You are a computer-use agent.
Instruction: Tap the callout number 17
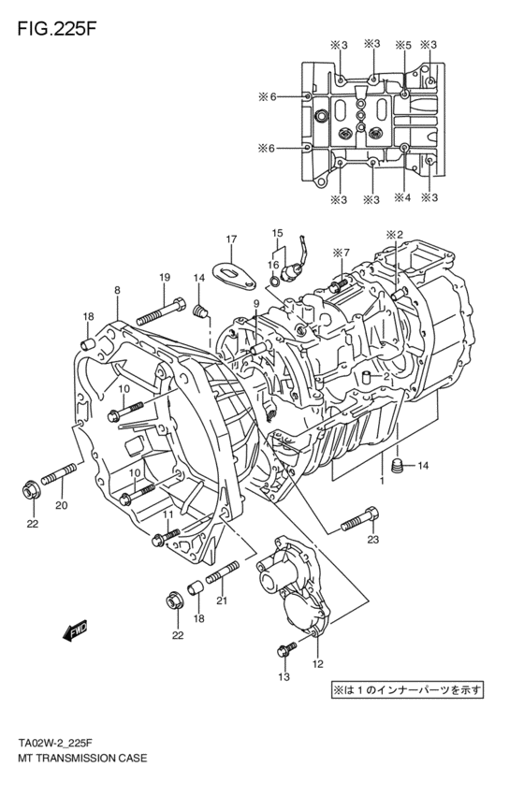pos(231,239)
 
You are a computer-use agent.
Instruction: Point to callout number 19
pos(164,277)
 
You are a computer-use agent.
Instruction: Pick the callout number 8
pos(117,291)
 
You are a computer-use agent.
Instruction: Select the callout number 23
pos(372,539)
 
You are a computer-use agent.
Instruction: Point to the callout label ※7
pos(340,253)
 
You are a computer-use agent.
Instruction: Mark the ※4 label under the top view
pos(402,198)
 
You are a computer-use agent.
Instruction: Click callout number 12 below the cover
pos(317,664)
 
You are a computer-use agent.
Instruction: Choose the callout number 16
pos(273,266)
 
